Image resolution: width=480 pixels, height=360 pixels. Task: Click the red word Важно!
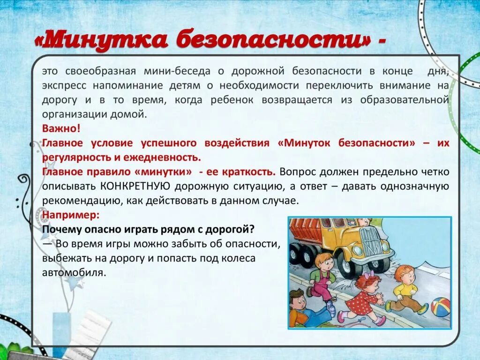click(x=61, y=128)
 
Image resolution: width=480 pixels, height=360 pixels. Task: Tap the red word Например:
click(x=71, y=215)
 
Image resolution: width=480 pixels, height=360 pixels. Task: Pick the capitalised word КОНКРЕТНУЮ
click(x=135, y=186)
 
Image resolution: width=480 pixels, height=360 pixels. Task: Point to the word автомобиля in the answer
click(x=72, y=272)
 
